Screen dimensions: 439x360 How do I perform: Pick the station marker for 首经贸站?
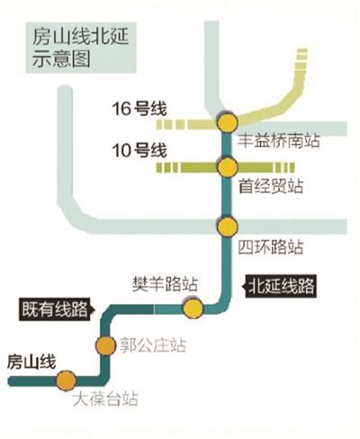(226, 166)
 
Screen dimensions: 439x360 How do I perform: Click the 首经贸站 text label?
(269, 186)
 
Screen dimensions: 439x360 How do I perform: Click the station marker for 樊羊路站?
(193, 309)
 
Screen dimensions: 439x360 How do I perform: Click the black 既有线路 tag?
(57, 309)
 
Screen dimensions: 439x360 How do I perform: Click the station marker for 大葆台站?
(66, 381)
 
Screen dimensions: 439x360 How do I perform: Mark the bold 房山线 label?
(31, 362)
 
